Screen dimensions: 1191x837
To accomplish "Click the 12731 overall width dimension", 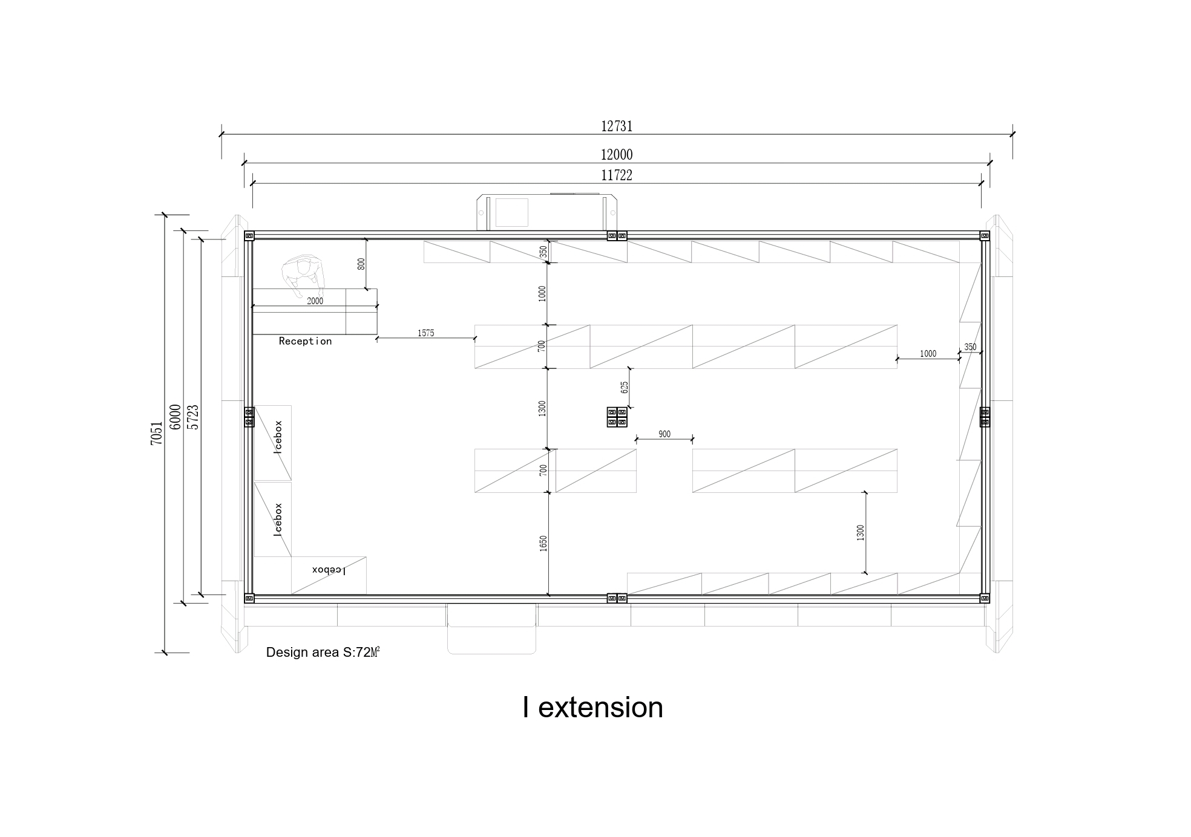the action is coord(617,126).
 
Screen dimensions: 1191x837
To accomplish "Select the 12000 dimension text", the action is coord(617,155).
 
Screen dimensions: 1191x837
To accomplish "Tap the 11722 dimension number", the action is coord(617,175).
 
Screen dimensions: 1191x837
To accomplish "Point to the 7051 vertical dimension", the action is coord(157,434).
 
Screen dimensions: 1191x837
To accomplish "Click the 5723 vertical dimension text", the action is coord(193,417).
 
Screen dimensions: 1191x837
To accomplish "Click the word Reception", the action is coord(305,341).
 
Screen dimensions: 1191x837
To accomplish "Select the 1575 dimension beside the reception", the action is coord(426,333).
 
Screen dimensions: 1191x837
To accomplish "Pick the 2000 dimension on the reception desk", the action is coord(315,301).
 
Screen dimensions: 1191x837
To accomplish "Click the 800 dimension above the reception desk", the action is coord(361,264).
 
